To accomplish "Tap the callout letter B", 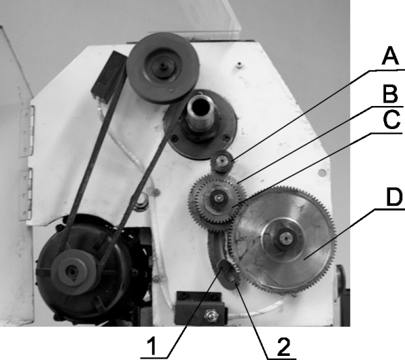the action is point(390,94).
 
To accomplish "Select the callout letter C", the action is point(391,120).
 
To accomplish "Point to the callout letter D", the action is point(394,197).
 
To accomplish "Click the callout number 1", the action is point(152,346).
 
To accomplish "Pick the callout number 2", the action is point(283,346).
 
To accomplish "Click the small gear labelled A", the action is point(221,161).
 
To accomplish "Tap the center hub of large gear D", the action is point(285,238).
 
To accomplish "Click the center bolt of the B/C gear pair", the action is point(219,199).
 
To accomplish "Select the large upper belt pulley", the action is point(163,68).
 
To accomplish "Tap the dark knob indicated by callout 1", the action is point(223,265).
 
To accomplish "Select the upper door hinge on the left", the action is point(28,131).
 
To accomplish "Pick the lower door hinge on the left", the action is point(26,194).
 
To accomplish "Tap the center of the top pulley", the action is point(163,66).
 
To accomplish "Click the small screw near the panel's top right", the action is point(240,64).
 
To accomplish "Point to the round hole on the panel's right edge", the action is point(322,173).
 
